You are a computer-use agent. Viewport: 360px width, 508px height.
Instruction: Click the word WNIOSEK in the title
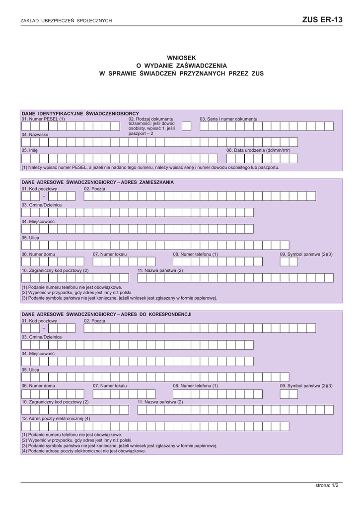click(x=181, y=58)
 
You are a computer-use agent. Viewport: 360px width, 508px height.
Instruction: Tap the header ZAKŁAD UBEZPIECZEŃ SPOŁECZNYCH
click(x=66, y=21)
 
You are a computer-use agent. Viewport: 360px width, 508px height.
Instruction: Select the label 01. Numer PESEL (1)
click(x=43, y=119)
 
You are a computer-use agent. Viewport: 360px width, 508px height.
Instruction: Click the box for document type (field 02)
click(x=186, y=126)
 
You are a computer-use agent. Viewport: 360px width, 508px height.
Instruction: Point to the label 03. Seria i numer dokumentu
click(x=228, y=119)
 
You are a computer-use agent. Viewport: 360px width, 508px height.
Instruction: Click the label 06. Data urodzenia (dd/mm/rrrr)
click(x=258, y=150)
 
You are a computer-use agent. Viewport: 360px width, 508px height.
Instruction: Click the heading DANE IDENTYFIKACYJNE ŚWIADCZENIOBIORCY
click(x=80, y=114)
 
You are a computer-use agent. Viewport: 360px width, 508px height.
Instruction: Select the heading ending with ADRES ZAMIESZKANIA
click(x=97, y=183)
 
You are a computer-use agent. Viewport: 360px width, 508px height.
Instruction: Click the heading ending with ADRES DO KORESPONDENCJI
click(x=106, y=315)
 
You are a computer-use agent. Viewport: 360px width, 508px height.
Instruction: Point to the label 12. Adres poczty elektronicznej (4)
click(x=56, y=418)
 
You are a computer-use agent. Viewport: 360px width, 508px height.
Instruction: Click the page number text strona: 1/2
click(x=327, y=485)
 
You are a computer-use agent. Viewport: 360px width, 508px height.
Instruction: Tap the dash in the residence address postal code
click(x=43, y=196)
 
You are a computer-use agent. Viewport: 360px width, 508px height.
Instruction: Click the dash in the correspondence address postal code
click(x=43, y=328)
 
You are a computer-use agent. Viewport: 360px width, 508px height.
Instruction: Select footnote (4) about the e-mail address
click(x=83, y=451)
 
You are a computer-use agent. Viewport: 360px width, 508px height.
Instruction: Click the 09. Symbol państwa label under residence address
click(x=306, y=254)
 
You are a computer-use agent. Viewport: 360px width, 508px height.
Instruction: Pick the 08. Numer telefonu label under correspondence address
click(x=195, y=385)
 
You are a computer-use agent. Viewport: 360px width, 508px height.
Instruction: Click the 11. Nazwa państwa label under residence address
click(x=160, y=270)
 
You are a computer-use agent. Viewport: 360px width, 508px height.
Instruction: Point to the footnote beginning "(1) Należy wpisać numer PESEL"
click(x=150, y=167)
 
